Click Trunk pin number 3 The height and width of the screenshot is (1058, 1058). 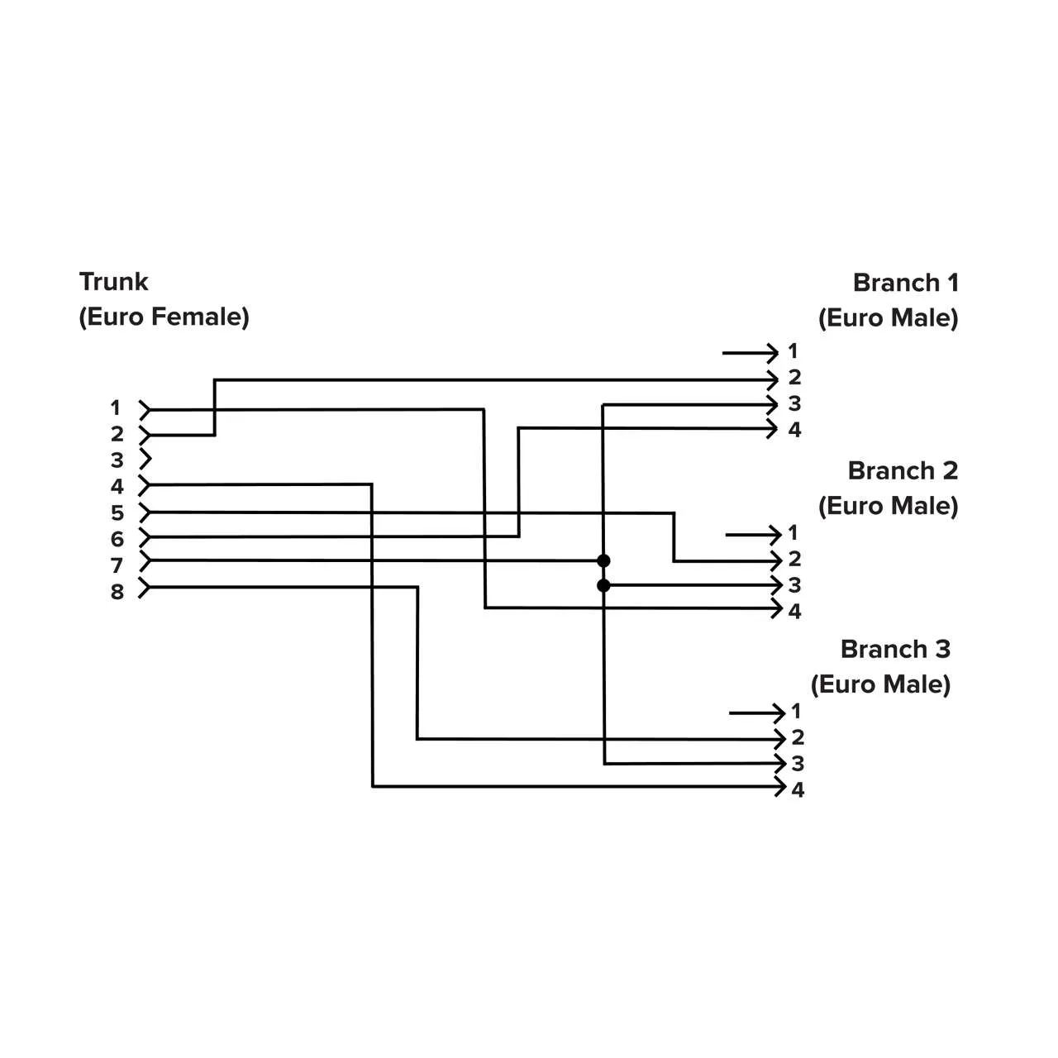tap(117, 460)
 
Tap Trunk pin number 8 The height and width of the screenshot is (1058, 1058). tap(117, 592)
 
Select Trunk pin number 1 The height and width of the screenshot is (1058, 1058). tap(116, 407)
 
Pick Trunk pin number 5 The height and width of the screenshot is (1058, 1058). tap(117, 513)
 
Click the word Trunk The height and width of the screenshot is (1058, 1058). tap(113, 282)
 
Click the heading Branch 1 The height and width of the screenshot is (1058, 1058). tap(905, 283)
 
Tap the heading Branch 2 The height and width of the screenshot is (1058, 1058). tap(903, 470)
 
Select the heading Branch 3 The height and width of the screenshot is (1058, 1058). tap(895, 649)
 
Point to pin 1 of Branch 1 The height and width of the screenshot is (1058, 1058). tap(793, 351)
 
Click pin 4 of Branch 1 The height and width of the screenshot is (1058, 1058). tap(794, 430)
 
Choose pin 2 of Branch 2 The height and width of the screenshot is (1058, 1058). tap(794, 559)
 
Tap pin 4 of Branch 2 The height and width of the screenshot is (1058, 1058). tap(794, 612)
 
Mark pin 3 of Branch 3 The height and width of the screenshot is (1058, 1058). tap(798, 764)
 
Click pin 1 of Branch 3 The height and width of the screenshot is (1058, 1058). tap(796, 711)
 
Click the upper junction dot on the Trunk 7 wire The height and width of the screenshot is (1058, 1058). tap(603, 561)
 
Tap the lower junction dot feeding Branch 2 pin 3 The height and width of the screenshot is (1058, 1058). tap(603, 586)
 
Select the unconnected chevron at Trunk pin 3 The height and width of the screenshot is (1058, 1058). tap(145, 460)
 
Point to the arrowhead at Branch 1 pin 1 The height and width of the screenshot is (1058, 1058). tap(773, 354)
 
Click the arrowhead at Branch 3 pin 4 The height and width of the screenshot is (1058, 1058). tap(779, 787)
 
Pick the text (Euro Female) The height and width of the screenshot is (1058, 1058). tap(164, 317)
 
